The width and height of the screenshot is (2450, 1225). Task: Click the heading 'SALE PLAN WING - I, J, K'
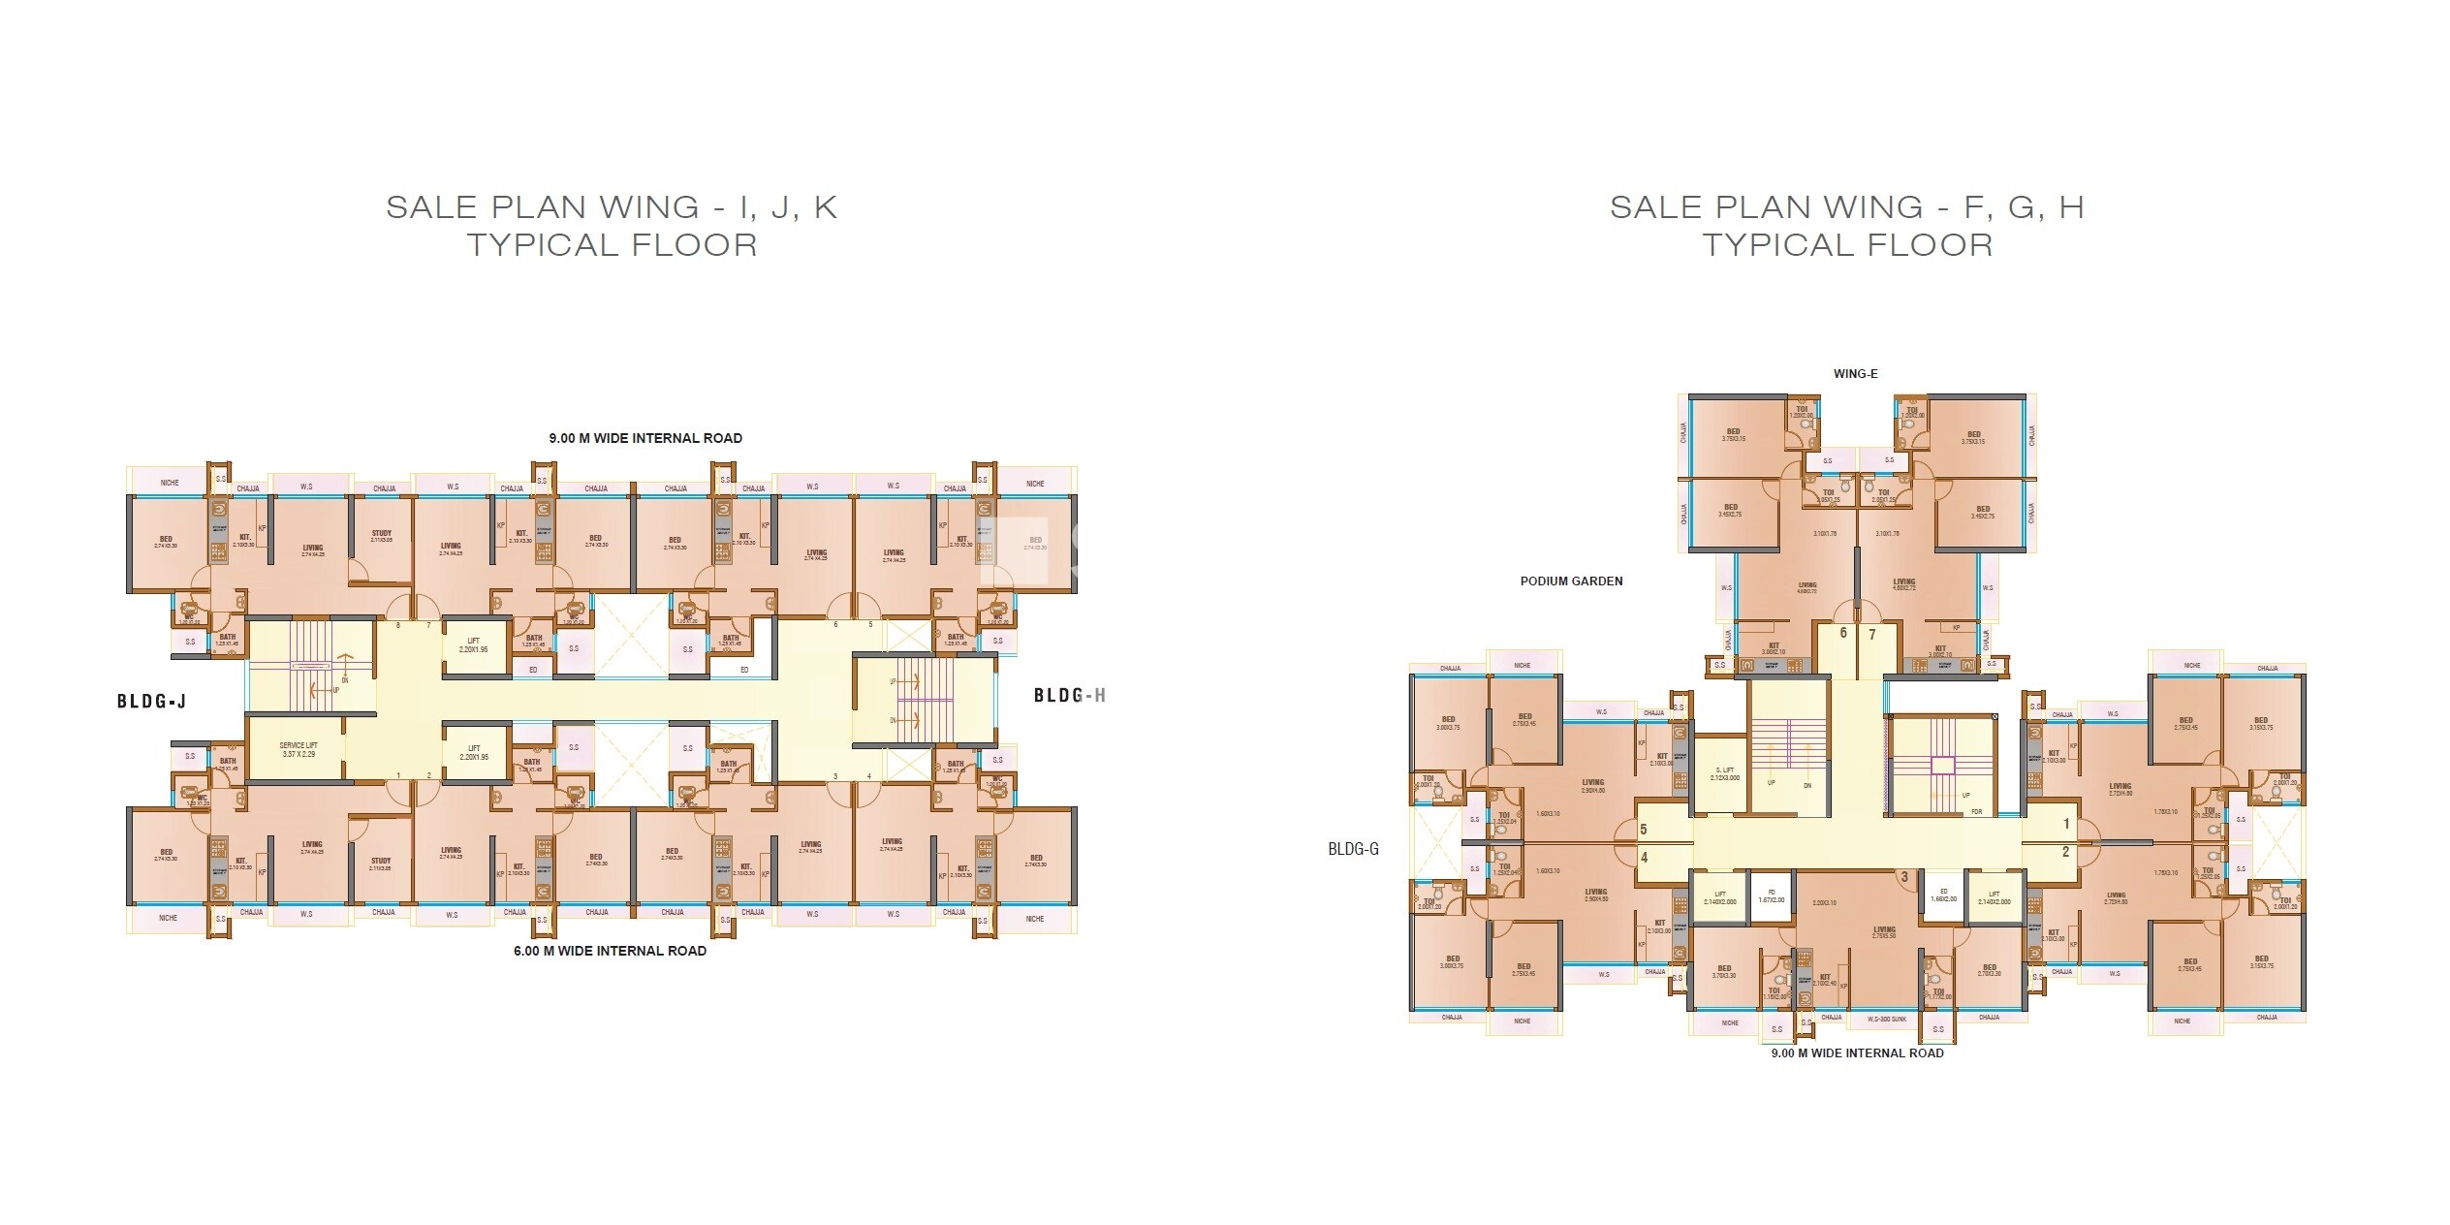coord(612,207)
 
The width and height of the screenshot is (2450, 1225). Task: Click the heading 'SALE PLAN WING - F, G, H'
coord(1847,207)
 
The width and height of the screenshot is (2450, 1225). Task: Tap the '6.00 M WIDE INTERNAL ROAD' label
coord(610,951)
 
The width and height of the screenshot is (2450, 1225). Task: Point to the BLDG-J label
coord(151,701)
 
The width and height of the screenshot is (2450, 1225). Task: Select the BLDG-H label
coord(1069,695)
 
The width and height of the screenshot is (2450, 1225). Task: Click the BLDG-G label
coord(1353,849)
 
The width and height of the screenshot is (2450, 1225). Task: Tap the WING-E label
coord(1855,374)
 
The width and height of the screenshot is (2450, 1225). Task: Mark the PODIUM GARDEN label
coord(1571,581)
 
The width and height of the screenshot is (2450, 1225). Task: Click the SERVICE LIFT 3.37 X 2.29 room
coord(298,749)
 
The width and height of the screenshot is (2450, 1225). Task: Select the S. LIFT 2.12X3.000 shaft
coord(1725,773)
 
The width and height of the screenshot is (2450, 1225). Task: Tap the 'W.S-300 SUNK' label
coord(1887,1019)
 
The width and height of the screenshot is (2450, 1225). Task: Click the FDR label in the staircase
coord(1976,811)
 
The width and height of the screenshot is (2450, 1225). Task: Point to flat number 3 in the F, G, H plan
coord(1904,878)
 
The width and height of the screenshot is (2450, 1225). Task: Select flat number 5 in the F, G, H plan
coord(1644,830)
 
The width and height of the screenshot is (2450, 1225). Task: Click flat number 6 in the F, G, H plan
coord(1843,633)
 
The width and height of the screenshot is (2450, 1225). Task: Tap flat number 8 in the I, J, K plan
coord(397,625)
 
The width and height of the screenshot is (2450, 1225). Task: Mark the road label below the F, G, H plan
coord(1857,1053)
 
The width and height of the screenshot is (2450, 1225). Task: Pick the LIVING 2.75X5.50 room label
coord(1884,932)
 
